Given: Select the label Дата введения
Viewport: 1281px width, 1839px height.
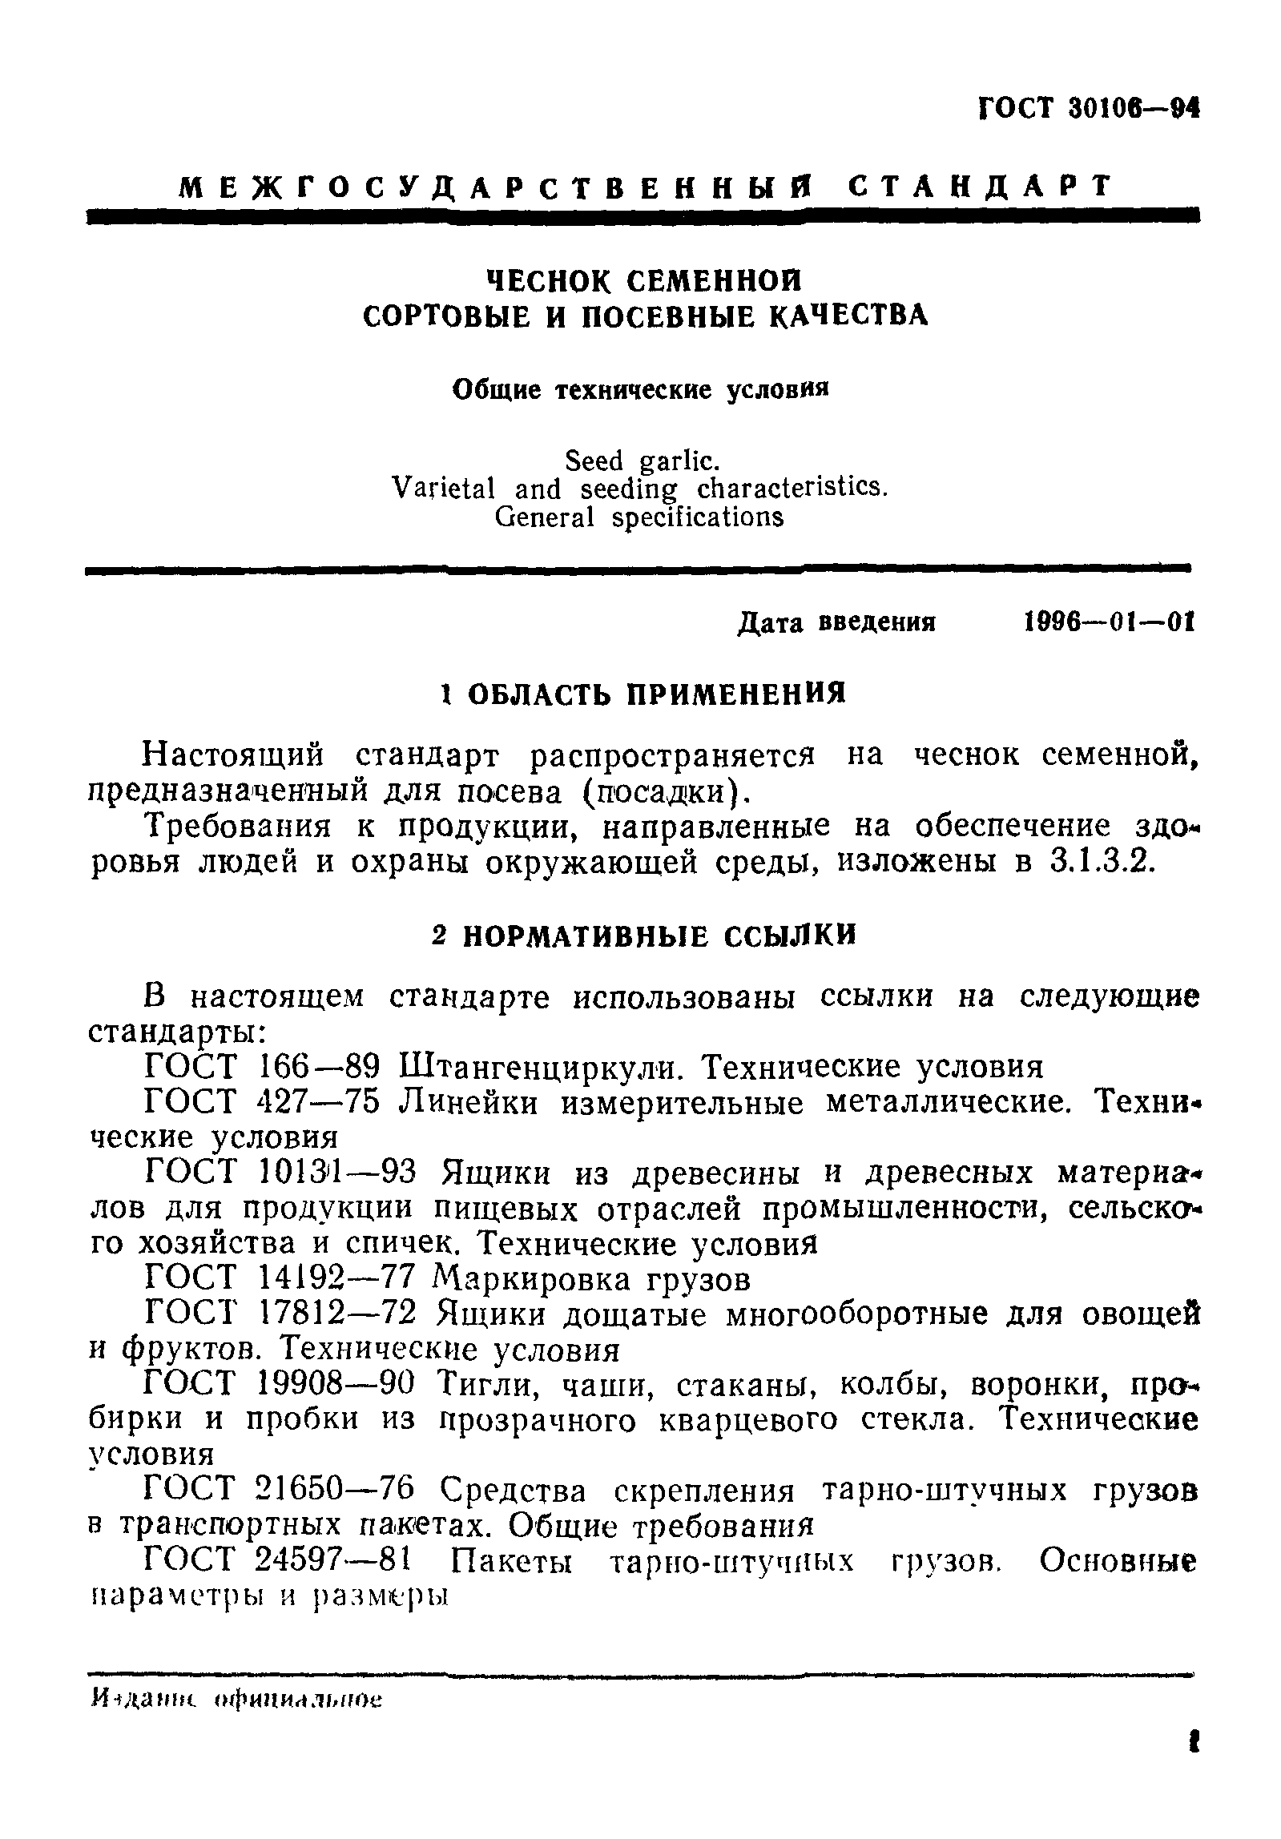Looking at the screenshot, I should pyautogui.click(x=836, y=622).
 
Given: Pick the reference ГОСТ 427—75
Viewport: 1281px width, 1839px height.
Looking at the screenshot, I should pyautogui.click(x=264, y=1103).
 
